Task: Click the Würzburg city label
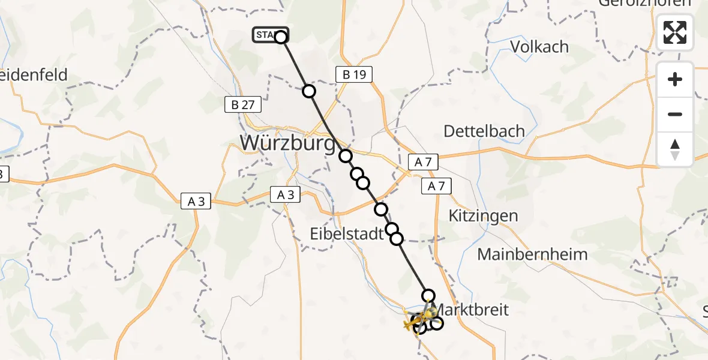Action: click(287, 143)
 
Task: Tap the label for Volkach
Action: click(539, 46)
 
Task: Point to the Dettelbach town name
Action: click(484, 131)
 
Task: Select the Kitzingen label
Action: click(484, 215)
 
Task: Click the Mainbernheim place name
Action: click(532, 254)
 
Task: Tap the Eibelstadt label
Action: click(347, 233)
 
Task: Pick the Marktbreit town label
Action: click(472, 310)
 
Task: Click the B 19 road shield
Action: click(354, 75)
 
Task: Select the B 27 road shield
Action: click(243, 104)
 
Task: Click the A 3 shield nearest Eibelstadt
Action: click(285, 194)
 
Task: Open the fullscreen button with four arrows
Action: click(675, 32)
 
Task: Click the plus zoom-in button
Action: click(675, 79)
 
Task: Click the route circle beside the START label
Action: click(281, 37)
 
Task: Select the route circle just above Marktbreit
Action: click(428, 295)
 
